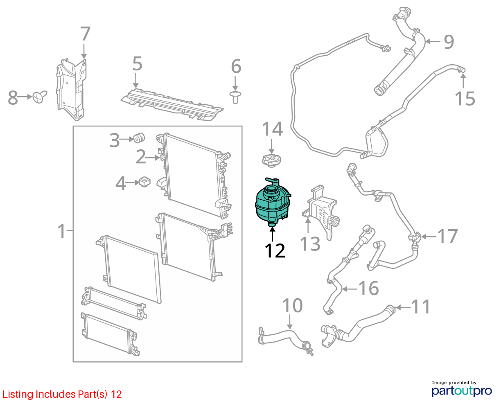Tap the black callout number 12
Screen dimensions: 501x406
pos(275,251)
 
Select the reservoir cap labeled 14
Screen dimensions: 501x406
pos(271,160)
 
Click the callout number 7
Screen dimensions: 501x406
pos(85,34)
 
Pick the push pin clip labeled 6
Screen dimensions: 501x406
pos(235,97)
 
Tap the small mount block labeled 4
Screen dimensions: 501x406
pos(144,182)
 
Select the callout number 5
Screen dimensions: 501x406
pos(138,63)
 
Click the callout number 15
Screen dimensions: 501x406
pos(465,98)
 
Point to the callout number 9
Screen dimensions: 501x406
pos(449,42)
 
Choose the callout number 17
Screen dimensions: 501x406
pos(447,236)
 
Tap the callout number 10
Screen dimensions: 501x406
pos(292,305)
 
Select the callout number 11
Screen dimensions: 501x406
pos(420,307)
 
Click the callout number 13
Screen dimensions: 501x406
pos(310,244)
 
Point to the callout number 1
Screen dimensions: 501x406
pos(61,231)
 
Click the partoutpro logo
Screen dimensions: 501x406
pos(461,391)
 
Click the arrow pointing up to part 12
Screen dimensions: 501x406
pos(272,235)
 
